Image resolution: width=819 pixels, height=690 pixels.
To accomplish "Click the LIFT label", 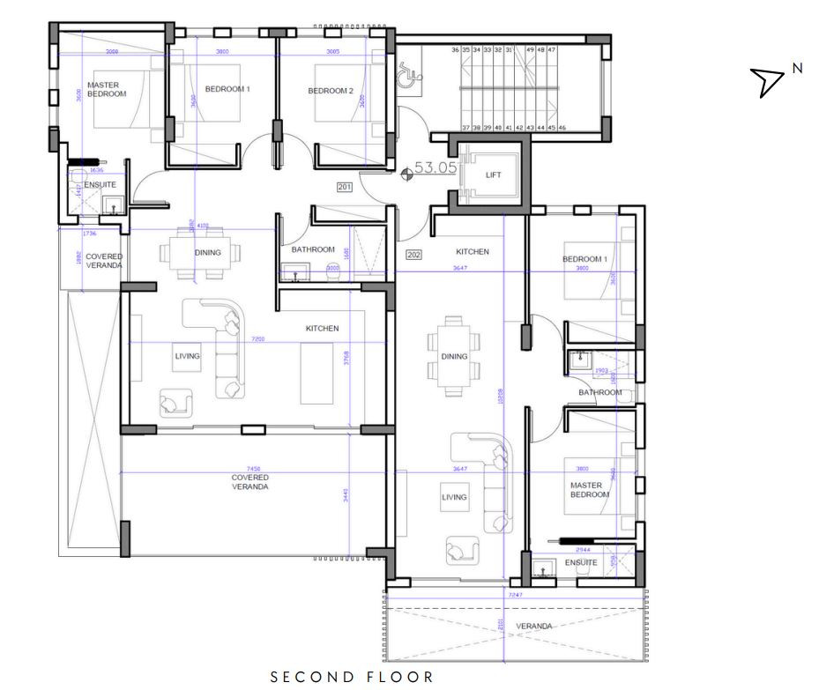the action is tap(493, 175).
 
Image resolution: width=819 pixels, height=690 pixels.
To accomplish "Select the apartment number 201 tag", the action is tap(345, 187).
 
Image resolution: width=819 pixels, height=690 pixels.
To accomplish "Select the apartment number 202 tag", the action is tap(413, 255).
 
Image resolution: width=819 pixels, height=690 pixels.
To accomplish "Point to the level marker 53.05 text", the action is tap(436, 167).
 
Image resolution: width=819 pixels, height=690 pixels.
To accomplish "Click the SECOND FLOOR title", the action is tap(351, 677).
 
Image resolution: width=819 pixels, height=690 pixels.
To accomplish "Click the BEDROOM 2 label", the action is tap(331, 91).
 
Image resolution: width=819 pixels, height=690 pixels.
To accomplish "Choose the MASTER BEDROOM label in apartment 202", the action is tap(590, 490).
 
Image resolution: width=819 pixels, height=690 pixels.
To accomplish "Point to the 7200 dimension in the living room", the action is tap(258, 338).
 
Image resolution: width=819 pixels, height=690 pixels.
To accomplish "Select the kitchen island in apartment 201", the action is tap(316, 374).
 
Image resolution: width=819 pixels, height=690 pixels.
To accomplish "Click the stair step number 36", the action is tap(456, 51).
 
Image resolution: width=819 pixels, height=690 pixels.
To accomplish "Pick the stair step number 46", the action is tap(562, 128).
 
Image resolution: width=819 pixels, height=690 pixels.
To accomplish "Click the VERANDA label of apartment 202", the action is tap(534, 626).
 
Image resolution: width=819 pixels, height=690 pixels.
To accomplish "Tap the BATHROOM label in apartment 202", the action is tap(599, 392).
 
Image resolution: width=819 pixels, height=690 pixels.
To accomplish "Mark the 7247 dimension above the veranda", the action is tap(517, 596).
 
